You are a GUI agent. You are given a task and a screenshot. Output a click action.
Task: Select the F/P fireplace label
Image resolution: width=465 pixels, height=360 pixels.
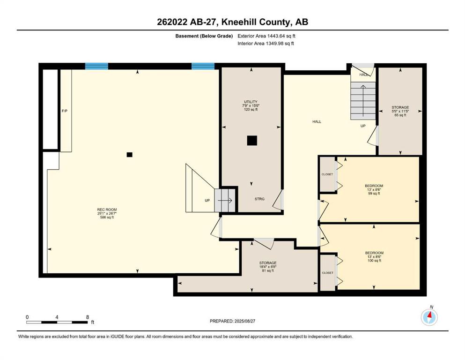click(64, 111)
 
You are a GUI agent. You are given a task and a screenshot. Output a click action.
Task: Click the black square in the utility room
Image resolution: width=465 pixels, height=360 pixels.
click(252, 141)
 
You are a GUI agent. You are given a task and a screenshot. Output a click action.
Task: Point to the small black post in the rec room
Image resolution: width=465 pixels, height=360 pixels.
click(130, 155)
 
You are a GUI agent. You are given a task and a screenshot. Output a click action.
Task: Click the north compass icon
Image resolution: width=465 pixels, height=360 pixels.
click(429, 317)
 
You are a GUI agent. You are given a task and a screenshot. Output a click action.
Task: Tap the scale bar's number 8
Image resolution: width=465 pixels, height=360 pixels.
click(88, 317)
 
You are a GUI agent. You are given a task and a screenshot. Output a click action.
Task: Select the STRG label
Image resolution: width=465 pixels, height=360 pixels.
click(259, 199)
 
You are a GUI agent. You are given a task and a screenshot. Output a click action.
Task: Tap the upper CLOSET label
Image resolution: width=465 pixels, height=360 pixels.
click(327, 174)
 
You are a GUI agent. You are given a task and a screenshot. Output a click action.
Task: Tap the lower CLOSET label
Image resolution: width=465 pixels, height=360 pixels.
click(327, 273)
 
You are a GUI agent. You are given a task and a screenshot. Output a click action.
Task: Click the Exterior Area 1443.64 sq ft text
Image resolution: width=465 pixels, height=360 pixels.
click(266, 36)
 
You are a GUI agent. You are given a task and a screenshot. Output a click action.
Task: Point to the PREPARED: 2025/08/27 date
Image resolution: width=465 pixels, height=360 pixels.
click(232, 321)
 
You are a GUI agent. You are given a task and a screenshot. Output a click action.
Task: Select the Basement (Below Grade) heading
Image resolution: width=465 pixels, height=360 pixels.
click(204, 36)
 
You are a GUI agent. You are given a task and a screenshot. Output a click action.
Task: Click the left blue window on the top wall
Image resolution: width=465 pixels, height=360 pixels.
click(96, 66)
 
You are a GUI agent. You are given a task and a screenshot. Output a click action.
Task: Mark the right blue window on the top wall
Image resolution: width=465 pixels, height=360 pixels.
click(203, 66)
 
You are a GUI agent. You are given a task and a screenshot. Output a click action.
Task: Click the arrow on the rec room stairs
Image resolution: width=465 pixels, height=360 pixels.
click(225, 201)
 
